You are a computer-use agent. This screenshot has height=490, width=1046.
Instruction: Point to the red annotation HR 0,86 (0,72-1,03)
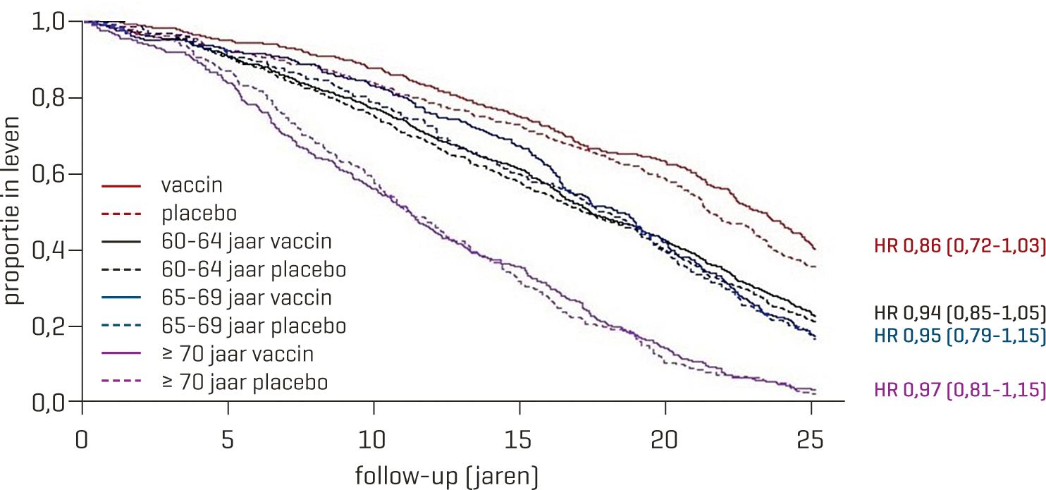[959, 246]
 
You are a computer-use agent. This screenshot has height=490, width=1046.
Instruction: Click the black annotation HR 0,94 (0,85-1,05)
[959, 312]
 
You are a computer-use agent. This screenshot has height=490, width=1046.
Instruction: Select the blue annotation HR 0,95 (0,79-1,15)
[959, 336]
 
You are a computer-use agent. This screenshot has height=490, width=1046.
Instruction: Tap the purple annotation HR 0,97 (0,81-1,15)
[959, 389]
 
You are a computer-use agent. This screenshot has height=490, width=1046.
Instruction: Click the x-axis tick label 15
[519, 440]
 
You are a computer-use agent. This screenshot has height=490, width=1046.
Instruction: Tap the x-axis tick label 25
[811, 440]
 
